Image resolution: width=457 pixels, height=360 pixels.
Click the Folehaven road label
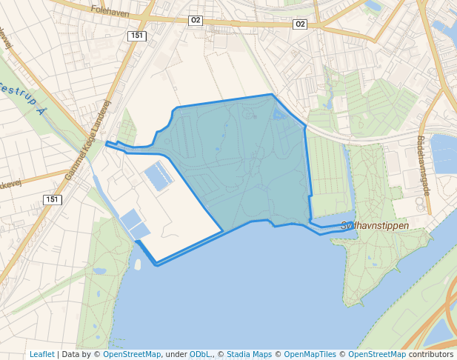[110, 10]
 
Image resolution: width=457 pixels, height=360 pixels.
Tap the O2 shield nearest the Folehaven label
[196, 21]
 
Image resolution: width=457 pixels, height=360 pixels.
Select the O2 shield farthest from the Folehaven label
[300, 24]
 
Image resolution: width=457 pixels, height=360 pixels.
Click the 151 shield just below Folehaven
[136, 36]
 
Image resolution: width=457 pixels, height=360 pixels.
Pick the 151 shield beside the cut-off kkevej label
[52, 200]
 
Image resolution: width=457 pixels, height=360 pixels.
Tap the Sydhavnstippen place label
[375, 225]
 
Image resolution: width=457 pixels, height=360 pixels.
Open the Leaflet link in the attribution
[42, 354]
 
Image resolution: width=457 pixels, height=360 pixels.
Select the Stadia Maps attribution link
[249, 354]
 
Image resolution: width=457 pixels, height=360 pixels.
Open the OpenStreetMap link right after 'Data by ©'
[132, 354]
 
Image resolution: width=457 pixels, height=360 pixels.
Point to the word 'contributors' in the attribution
[430, 354]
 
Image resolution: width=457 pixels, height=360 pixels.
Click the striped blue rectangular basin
[159, 176]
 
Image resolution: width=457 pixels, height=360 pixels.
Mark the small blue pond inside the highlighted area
[279, 115]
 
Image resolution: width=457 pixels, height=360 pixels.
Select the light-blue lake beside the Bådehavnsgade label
[444, 153]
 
